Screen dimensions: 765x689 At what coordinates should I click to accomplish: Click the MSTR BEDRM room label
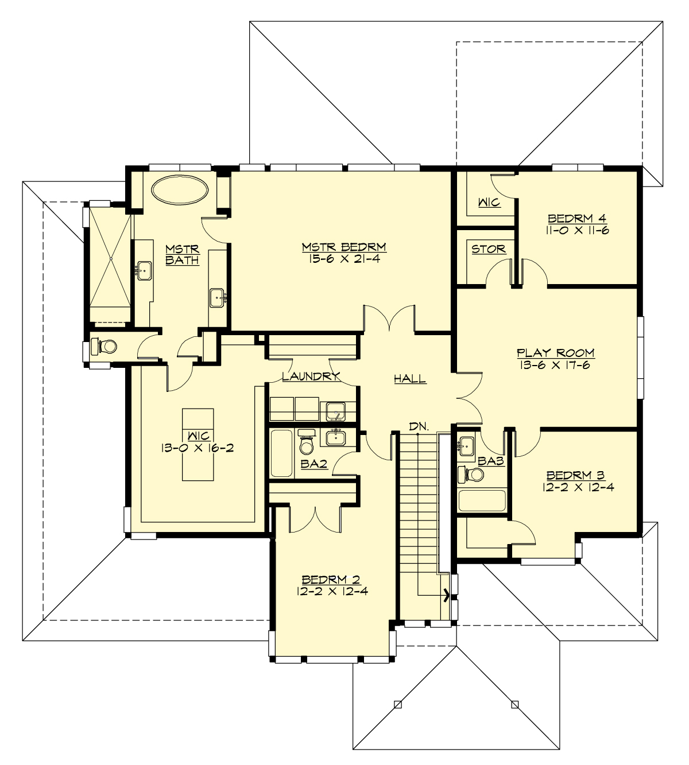pyautogui.click(x=344, y=247)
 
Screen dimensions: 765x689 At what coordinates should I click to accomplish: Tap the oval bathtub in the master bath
pyautogui.click(x=180, y=189)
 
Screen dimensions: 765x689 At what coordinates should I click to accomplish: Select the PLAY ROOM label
pyautogui.click(x=555, y=352)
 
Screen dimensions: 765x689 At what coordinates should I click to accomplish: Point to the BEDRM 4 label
pyautogui.click(x=577, y=218)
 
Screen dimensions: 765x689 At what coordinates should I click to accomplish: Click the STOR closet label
pyautogui.click(x=489, y=248)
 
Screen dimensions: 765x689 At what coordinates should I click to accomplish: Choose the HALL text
pyautogui.click(x=409, y=378)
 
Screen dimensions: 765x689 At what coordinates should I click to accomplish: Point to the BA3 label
pyautogui.click(x=492, y=460)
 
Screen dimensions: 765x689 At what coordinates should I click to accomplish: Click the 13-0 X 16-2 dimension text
pyautogui.click(x=197, y=448)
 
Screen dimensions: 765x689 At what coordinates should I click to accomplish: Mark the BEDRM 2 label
pyautogui.click(x=331, y=579)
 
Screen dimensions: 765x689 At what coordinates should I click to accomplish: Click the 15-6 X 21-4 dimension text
pyautogui.click(x=344, y=259)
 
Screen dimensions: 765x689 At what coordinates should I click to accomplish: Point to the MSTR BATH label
pyautogui.click(x=182, y=254)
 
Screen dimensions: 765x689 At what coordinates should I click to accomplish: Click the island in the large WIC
pyautogui.click(x=198, y=444)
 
